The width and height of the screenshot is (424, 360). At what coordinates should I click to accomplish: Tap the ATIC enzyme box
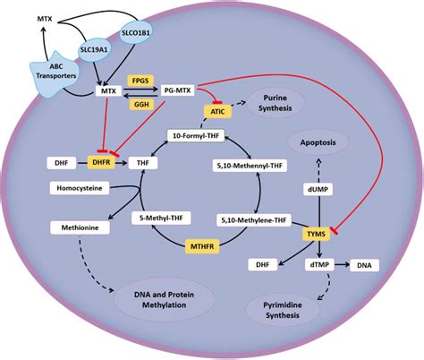click(x=216, y=110)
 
